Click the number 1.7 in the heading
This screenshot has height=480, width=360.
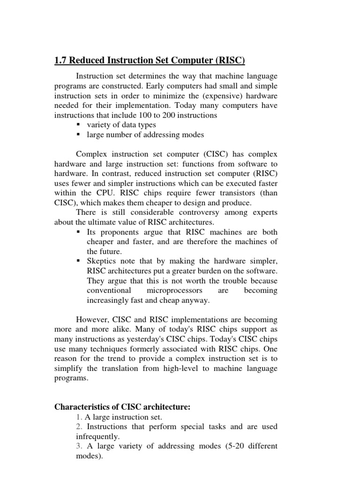[x=61, y=60]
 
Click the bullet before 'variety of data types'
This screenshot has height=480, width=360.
[x=78, y=125]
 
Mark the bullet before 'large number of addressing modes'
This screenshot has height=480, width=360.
[x=78, y=135]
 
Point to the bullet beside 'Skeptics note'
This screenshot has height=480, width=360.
[x=78, y=261]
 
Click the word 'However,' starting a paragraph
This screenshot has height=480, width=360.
[x=92, y=320]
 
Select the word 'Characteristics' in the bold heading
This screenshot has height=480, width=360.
[x=82, y=407]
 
